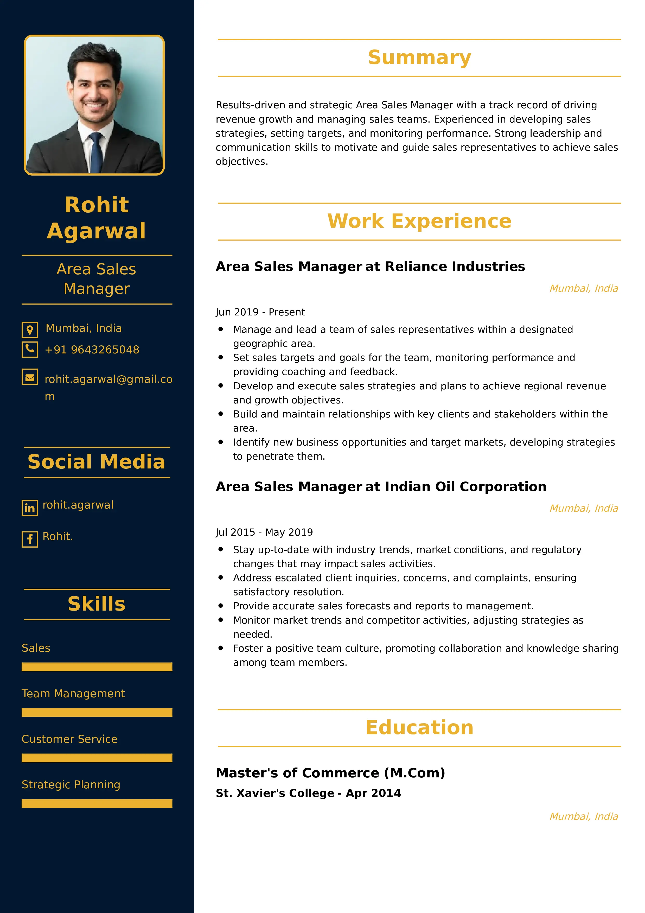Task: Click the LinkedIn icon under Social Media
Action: [30, 508]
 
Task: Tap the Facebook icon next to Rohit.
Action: [30, 539]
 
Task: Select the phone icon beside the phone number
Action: [30, 350]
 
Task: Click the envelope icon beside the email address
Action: [30, 377]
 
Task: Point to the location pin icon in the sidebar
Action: [30, 330]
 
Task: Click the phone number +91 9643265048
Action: [92, 350]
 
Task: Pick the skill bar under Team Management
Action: [97, 712]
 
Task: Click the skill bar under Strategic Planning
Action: [97, 803]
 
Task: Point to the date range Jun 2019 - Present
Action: [260, 312]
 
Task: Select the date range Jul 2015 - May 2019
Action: [264, 532]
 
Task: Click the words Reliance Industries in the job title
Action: [455, 267]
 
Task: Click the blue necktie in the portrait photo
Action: [96, 153]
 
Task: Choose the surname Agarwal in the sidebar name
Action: [97, 231]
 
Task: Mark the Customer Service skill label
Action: [69, 739]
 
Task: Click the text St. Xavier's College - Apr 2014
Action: [308, 793]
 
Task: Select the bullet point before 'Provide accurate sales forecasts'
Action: [221, 606]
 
